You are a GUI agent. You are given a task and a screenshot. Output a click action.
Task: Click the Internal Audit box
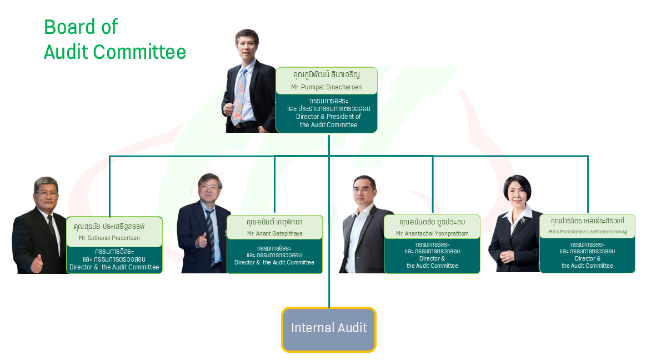[329, 329]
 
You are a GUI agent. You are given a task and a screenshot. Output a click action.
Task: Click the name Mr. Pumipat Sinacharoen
[326, 87]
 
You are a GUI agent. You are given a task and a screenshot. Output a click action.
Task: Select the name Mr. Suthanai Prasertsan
[109, 238]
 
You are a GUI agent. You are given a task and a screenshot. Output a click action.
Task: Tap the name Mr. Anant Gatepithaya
[275, 233]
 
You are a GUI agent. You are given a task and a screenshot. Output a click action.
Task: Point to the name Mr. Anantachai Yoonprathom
[432, 233]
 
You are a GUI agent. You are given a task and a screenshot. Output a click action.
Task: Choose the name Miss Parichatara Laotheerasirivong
[588, 232]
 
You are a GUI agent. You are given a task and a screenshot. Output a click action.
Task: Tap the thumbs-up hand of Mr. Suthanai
[37, 264]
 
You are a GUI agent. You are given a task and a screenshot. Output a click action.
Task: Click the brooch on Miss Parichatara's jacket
[523, 221]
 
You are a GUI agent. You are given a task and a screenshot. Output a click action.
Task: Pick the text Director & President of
[328, 117]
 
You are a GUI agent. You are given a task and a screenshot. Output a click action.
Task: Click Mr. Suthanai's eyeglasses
[47, 193]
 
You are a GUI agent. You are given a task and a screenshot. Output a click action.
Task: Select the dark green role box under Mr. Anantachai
[432, 256]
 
